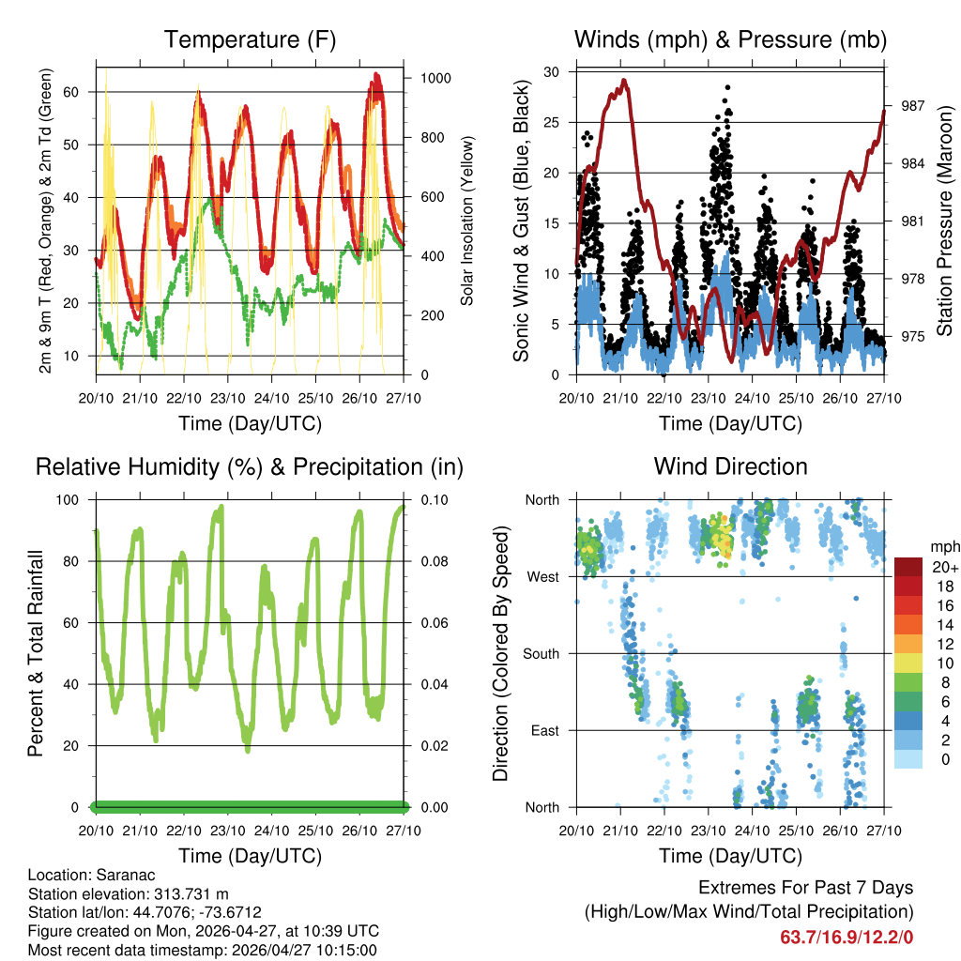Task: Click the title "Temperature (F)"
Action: (250, 39)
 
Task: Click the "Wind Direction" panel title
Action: (730, 466)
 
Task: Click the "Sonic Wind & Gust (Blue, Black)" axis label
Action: (522, 222)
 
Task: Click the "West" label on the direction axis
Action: (542, 576)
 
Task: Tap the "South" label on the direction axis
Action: (540, 653)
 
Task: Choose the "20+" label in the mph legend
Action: (943, 567)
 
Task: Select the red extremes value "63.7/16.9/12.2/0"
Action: (847, 937)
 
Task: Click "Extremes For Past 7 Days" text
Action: (805, 888)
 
